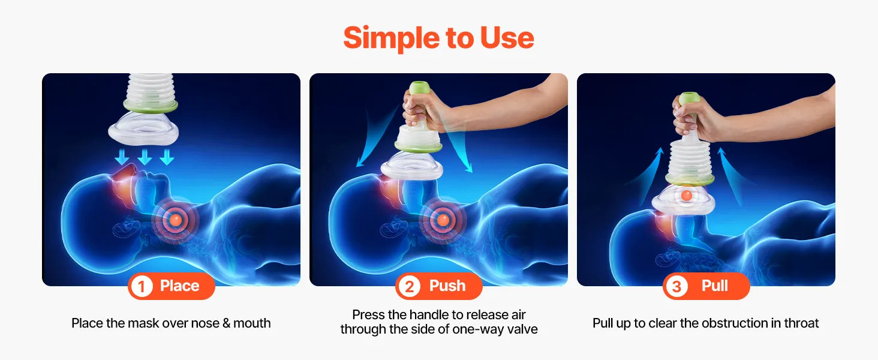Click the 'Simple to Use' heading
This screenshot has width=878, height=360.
438,38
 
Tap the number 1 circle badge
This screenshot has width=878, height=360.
142,286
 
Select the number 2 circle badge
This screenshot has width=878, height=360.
409,286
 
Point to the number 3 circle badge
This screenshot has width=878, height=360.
676,286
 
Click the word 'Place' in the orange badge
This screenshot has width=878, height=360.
179,286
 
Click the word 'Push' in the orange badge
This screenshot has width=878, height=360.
447,286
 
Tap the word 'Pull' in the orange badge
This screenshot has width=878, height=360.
714,286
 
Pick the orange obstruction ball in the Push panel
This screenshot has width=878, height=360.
443,220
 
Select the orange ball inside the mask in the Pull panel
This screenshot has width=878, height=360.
686,195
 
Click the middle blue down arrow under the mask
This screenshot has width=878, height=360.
145,157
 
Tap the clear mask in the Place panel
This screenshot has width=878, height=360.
143,129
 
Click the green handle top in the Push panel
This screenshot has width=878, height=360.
419,87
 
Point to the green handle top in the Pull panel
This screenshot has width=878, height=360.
690,98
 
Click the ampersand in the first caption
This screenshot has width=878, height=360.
226,323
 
